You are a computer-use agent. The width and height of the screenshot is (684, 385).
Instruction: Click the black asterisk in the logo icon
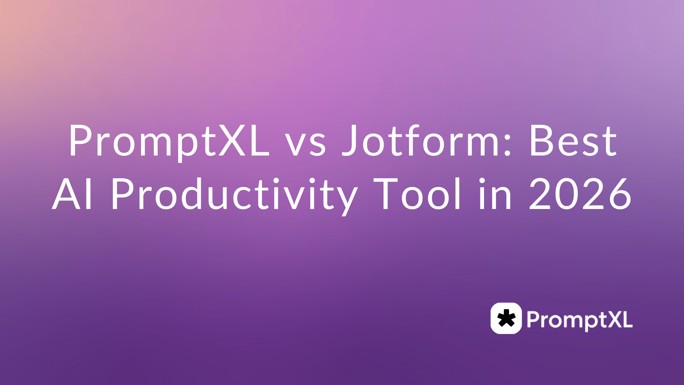click(506, 318)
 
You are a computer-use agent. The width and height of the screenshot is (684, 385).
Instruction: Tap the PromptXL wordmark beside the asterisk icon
click(579, 320)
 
